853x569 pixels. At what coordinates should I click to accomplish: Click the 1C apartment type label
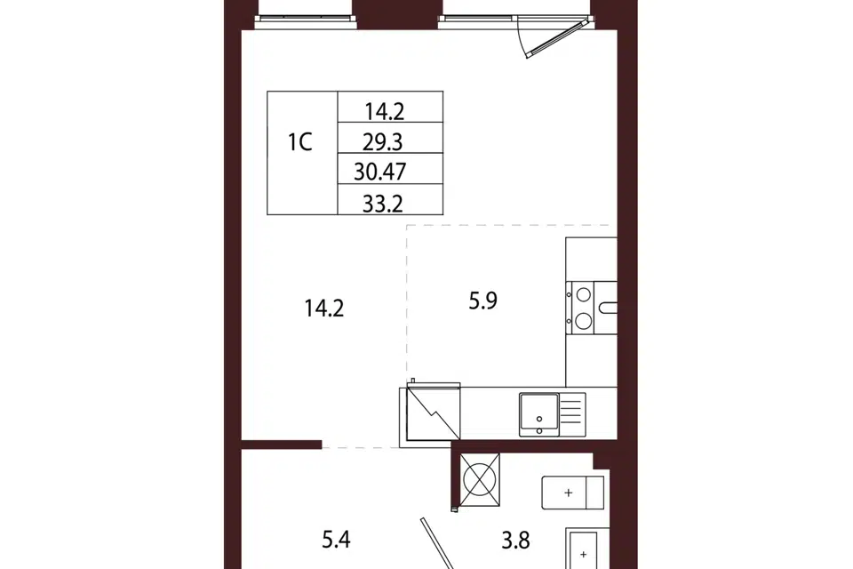tap(299, 142)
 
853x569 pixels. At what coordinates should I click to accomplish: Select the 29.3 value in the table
tap(382, 142)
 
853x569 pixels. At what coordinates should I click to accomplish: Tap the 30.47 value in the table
tap(379, 172)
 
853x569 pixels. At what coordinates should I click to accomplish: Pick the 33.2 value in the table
tap(382, 204)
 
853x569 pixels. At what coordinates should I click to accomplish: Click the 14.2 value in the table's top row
tap(384, 112)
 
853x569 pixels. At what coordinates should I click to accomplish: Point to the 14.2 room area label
tap(324, 309)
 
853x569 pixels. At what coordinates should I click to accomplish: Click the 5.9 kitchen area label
tap(483, 301)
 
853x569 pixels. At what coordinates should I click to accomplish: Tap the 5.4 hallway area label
tap(336, 540)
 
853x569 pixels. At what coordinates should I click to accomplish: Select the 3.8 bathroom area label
tap(515, 541)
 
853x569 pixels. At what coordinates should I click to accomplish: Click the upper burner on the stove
tap(584, 294)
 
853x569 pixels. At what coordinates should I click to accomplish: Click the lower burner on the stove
tap(584, 321)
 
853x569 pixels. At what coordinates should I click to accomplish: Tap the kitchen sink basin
tap(539, 413)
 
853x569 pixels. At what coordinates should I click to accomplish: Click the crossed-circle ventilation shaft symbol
tap(480, 480)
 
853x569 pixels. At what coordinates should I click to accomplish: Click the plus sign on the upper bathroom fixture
tap(569, 493)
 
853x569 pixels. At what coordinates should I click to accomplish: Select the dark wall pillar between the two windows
tap(398, 13)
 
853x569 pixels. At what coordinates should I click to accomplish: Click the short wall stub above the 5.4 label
tap(282, 445)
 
